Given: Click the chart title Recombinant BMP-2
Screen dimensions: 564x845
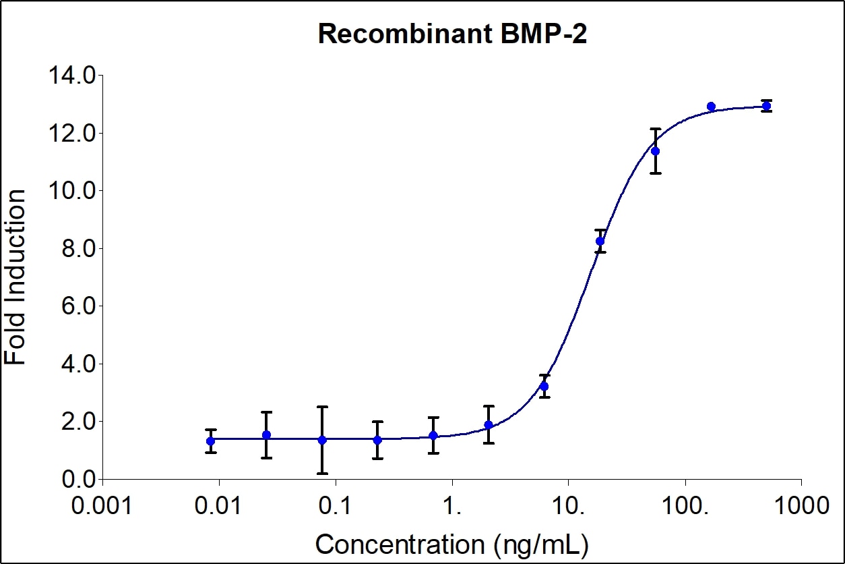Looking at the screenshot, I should [x=452, y=34].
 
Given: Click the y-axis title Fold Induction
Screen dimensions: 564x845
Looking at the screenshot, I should [x=16, y=277].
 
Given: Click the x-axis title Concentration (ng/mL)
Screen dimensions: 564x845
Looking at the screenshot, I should [x=451, y=543].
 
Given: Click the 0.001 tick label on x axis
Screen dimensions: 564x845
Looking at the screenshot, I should [x=102, y=505].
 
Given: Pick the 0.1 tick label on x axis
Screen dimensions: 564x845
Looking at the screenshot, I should [x=335, y=505].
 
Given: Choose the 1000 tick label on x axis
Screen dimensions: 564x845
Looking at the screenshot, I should [x=801, y=505].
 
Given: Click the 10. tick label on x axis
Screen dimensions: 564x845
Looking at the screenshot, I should [x=568, y=505].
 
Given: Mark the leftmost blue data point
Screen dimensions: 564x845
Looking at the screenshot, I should [x=211, y=441].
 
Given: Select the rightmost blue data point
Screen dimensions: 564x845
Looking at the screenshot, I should [x=766, y=106].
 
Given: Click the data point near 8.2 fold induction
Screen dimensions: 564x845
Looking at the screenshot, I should [x=600, y=241].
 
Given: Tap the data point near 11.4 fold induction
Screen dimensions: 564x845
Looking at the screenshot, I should [x=655, y=150].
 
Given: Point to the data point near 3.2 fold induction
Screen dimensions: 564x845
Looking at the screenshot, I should [x=544, y=386].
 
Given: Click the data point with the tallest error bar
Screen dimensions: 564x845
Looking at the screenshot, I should [x=322, y=440].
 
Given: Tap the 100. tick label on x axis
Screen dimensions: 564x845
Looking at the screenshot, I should [x=685, y=505].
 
